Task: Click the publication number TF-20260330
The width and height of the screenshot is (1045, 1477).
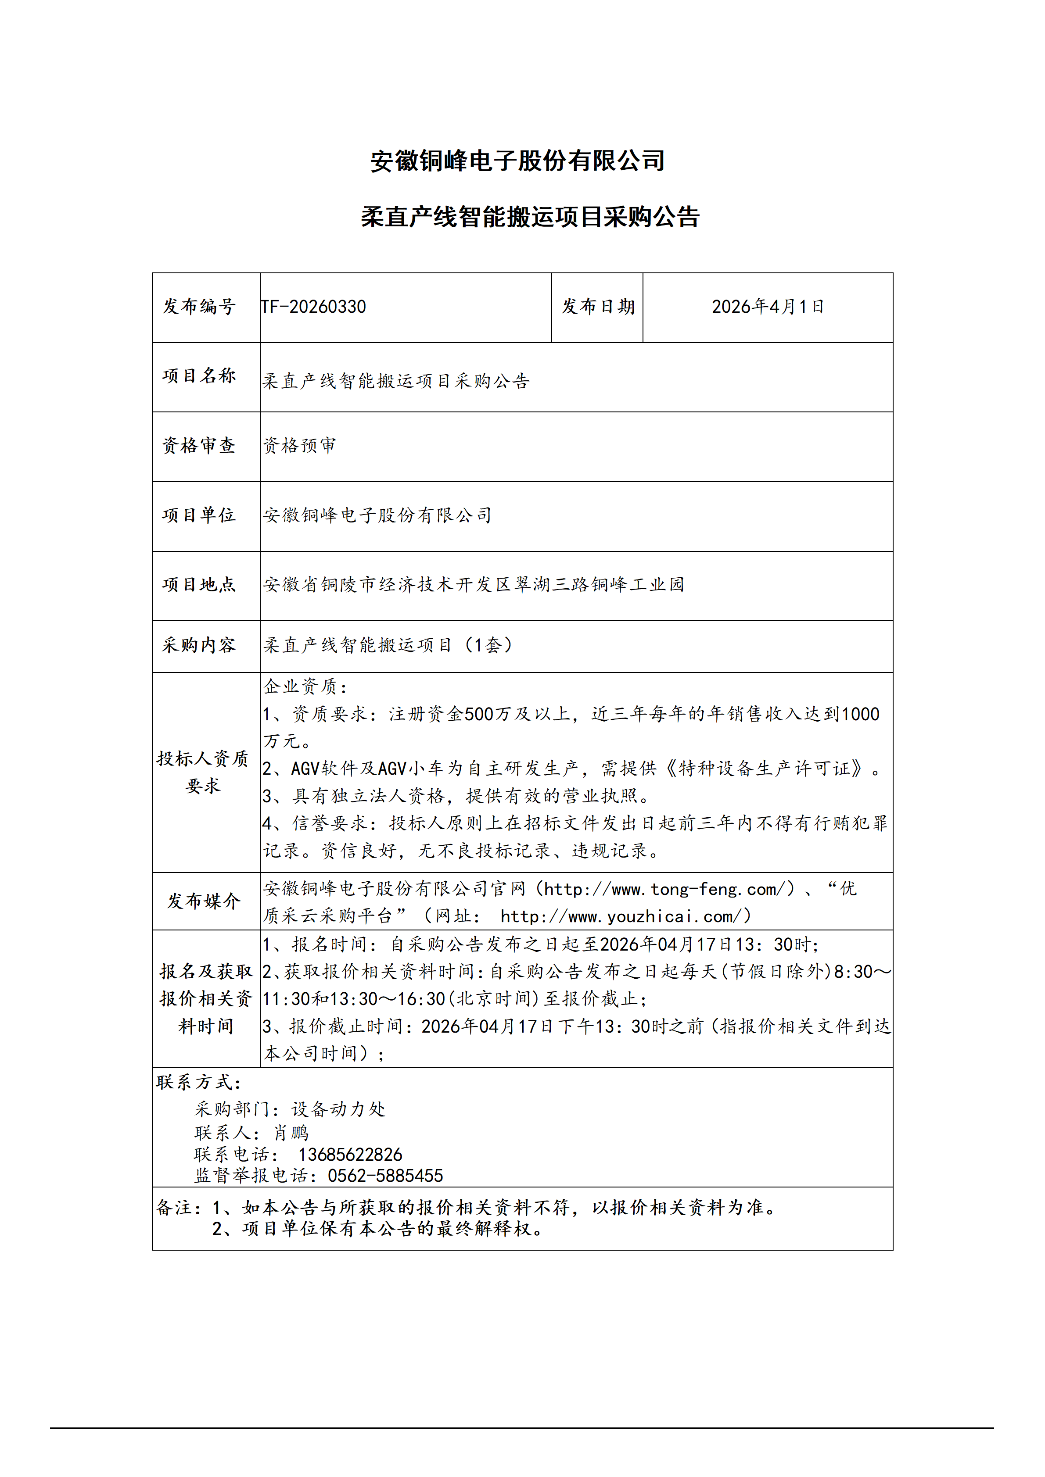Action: [x=313, y=307]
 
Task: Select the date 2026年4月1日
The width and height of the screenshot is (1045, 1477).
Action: [x=767, y=307]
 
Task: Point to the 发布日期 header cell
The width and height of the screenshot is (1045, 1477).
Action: [x=598, y=307]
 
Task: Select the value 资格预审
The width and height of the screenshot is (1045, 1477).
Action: [x=299, y=445]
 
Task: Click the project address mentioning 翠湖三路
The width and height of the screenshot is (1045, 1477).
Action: [x=473, y=584]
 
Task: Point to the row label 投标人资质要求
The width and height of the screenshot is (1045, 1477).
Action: [x=203, y=772]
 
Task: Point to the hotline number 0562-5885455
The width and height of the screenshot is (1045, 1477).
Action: [x=385, y=1176]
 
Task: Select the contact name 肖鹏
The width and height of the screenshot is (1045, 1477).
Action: [x=291, y=1133]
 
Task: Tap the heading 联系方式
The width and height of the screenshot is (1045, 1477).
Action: [x=198, y=1082]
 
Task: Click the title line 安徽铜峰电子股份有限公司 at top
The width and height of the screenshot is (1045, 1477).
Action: [x=517, y=161]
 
